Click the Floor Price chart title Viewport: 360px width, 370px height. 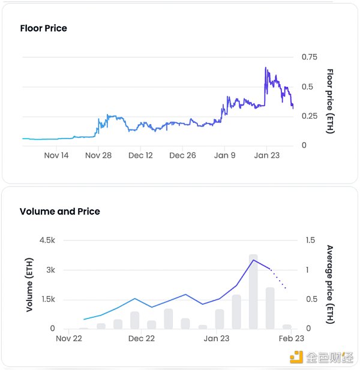(x=43, y=28)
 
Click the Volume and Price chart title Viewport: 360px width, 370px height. (x=59, y=211)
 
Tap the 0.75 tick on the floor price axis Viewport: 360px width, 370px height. (x=310, y=57)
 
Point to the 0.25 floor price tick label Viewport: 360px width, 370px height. (x=310, y=116)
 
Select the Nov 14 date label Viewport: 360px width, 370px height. (x=56, y=155)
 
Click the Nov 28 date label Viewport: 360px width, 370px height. (x=98, y=155)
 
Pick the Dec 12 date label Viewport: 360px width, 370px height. (x=140, y=155)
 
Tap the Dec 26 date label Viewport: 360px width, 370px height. (x=182, y=155)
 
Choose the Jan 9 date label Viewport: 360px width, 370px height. (x=225, y=155)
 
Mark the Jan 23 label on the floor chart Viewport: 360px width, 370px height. (x=266, y=155)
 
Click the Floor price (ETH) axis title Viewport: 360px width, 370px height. (x=329, y=101)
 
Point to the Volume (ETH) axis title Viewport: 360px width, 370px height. (x=29, y=284)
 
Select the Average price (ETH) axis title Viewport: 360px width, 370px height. (x=329, y=284)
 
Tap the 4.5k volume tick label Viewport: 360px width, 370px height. (x=46, y=240)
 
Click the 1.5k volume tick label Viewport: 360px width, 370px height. (x=46, y=299)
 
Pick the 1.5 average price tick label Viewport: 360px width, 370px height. (x=310, y=240)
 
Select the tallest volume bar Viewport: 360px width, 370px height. (x=253, y=291)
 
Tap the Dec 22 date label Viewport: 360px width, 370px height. (x=141, y=339)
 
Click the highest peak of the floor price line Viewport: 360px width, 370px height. (x=265, y=68)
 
